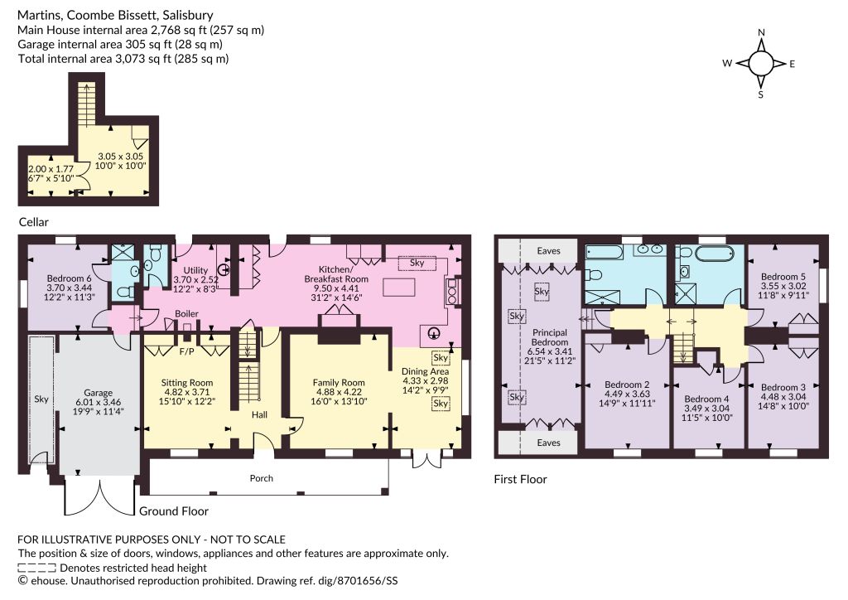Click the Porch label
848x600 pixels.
click(x=261, y=478)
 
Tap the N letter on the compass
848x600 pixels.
click(x=762, y=32)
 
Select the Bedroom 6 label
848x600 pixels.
click(x=69, y=278)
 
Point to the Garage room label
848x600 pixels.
click(x=98, y=393)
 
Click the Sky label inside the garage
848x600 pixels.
click(x=41, y=399)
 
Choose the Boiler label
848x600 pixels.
click(x=186, y=314)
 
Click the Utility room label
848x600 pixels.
click(x=195, y=270)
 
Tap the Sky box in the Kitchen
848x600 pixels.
click(x=417, y=263)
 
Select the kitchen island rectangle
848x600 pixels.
click(x=399, y=287)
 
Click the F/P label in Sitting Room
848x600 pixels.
click(x=186, y=352)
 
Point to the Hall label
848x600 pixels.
click(x=259, y=415)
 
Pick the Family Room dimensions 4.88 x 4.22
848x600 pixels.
click(x=339, y=392)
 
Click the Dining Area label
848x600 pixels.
click(x=425, y=371)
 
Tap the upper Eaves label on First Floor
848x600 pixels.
click(x=548, y=250)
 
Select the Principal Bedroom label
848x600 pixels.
click(x=550, y=337)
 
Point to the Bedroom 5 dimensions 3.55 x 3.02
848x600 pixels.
click(x=783, y=286)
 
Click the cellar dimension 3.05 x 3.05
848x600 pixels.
click(x=120, y=157)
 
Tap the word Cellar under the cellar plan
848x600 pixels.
click(x=33, y=222)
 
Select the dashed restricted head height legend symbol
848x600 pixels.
click(x=36, y=568)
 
